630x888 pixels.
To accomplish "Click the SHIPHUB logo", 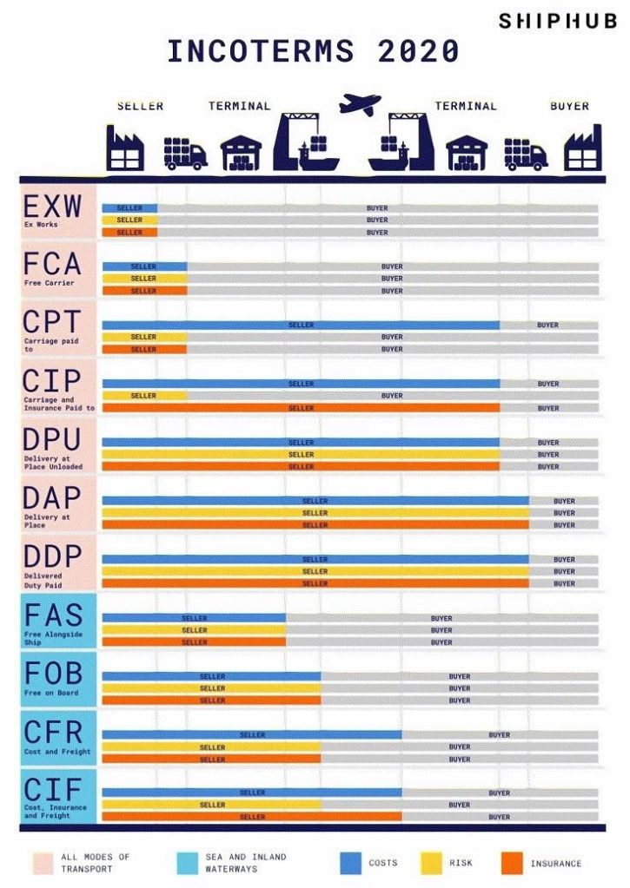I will [557, 21].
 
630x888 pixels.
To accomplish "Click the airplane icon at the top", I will [359, 105].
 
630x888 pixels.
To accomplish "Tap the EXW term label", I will [52, 207].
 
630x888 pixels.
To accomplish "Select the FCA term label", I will [52, 264].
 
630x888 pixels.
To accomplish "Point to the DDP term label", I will [52, 556].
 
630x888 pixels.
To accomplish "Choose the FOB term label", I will [52, 674].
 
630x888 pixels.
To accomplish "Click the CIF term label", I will [52, 790].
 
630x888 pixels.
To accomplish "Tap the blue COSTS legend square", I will [349, 863].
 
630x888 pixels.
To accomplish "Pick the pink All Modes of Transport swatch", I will [44, 863].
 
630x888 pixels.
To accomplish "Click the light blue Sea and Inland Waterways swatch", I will [187, 863].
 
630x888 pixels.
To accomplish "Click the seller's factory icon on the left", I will [125, 148].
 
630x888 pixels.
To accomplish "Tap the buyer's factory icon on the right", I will [581, 148].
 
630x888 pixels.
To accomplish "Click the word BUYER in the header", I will [569, 106].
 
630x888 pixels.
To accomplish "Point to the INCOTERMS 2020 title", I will [313, 51].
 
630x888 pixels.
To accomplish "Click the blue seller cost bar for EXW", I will [129, 208].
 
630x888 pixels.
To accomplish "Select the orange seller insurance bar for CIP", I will [301, 408].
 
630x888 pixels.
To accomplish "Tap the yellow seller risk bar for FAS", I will [194, 630].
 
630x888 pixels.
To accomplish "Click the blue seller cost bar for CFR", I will [252, 735].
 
